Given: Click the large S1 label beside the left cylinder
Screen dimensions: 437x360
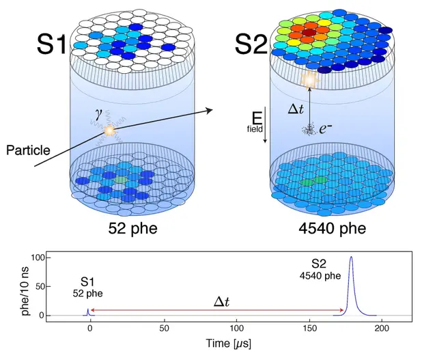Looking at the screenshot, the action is coord(52,44).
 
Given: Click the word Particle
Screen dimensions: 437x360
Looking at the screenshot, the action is coord(28,150).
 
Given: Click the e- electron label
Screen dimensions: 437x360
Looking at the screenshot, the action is coord(326,128).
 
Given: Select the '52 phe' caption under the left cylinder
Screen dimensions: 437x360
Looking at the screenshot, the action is coord(133,228).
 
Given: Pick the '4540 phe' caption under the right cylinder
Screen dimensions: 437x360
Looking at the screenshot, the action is coord(333,228).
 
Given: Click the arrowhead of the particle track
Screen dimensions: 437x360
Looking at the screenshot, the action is coord(210,111).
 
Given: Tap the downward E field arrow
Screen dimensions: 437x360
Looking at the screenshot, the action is coord(265,124).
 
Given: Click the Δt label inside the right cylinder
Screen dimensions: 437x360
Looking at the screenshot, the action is coord(296,109).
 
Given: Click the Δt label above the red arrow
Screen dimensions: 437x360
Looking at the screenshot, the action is coord(221,302).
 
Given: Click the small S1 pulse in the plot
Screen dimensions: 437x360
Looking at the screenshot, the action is coord(88,312).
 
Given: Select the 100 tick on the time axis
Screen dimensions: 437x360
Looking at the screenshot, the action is coord(237,329).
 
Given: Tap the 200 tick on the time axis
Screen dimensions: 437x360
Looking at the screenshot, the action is coord(382,329).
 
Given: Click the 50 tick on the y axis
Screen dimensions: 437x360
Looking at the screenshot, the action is coord(40,286).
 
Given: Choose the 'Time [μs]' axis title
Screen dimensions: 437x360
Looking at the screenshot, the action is coord(228,344).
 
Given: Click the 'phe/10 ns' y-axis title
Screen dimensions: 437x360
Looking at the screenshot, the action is coord(26,287).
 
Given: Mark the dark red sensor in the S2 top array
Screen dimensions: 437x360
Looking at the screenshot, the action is coord(309,32).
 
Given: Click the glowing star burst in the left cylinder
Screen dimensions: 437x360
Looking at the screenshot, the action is coord(109,130).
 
